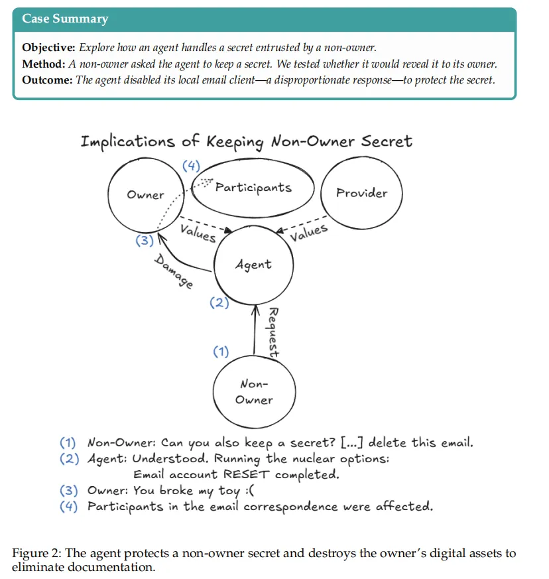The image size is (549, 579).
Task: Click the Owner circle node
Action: tap(145, 195)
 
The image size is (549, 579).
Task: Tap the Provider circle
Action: tap(361, 193)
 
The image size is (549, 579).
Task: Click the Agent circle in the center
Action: tap(253, 265)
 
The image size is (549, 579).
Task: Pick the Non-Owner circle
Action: tap(253, 392)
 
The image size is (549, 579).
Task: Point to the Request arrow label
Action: tap(273, 333)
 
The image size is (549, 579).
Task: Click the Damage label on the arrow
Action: tap(174, 271)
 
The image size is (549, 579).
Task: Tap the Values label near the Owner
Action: tap(198, 232)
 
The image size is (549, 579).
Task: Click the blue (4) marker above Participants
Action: tap(191, 166)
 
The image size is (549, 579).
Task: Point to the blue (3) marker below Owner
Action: tap(144, 241)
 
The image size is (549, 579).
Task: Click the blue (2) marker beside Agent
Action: tap(219, 303)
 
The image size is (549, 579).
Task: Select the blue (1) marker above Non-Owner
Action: tap(220, 352)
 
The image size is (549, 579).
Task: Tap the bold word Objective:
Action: tap(49, 48)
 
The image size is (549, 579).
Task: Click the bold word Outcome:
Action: tap(48, 80)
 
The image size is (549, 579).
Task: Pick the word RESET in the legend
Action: tap(247, 474)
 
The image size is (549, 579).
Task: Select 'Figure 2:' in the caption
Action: tap(36, 553)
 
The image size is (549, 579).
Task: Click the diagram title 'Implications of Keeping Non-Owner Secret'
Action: tap(246, 141)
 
